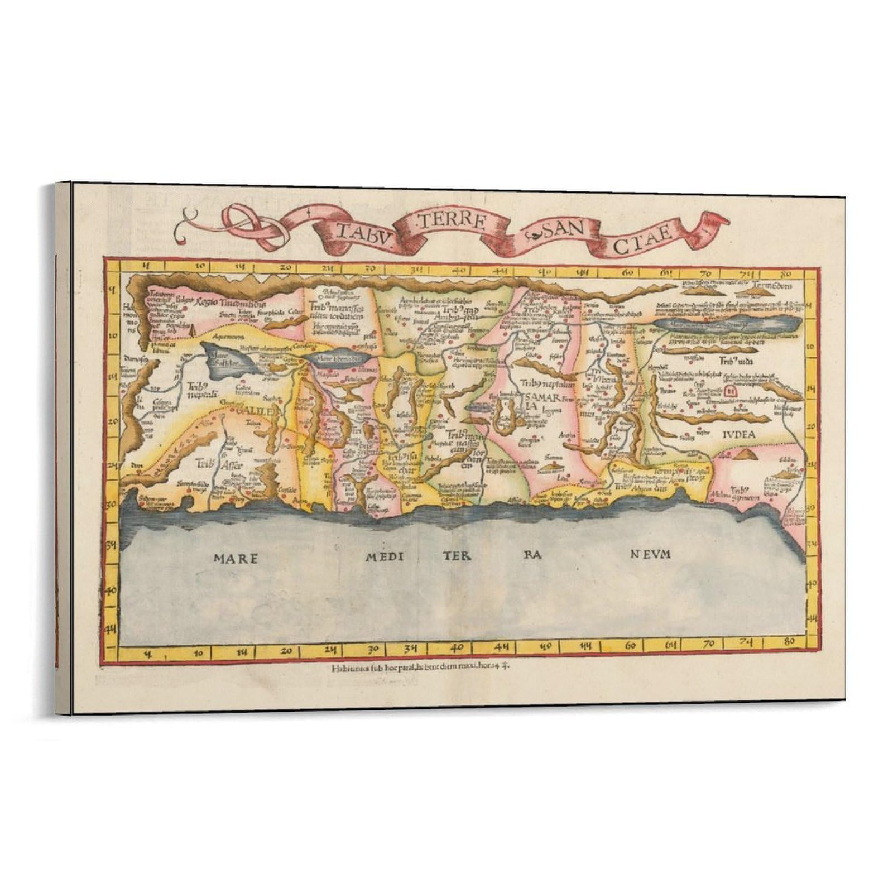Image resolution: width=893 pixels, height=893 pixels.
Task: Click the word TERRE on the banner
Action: click(449, 220)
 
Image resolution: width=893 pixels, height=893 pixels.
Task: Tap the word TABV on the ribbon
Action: click(363, 231)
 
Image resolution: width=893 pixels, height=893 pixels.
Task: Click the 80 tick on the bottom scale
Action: click(789, 642)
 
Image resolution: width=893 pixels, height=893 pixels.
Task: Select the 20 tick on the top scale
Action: click(286, 267)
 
